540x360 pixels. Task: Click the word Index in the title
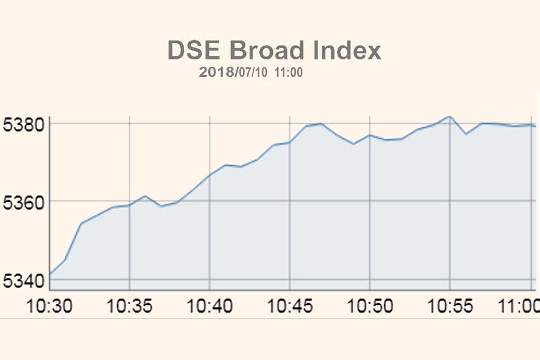pos(347,51)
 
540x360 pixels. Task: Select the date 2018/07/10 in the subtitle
pos(234,73)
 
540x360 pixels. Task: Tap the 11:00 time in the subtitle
pos(289,73)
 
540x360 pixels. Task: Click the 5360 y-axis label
pos(23,202)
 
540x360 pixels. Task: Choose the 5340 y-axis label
pos(23,280)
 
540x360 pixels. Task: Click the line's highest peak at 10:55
pos(449,116)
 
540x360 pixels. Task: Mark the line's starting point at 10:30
pos(50,274)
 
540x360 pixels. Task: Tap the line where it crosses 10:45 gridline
pos(290,142)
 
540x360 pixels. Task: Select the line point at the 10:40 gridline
pos(209,175)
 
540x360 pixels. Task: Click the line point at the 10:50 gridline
pos(370,135)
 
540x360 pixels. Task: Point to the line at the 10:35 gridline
pos(130,205)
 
